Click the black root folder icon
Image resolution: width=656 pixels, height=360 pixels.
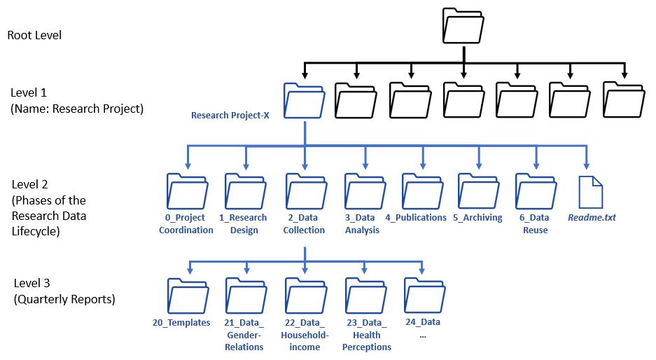tap(463, 25)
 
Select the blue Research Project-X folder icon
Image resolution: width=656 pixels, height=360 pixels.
tap(304, 100)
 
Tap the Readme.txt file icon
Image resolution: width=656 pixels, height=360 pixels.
tap(591, 192)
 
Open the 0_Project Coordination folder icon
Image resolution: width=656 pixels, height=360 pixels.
tap(188, 191)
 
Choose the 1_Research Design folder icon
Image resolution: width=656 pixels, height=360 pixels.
tap(246, 191)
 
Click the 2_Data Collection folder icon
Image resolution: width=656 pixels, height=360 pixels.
tap(306, 191)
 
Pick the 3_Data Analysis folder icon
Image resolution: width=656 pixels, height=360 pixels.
tap(365, 191)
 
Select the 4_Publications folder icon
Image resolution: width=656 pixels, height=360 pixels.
tap(423, 191)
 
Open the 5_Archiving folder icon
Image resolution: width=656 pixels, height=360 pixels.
tap(479, 191)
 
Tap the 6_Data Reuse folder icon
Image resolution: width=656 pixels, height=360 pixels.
tap(536, 191)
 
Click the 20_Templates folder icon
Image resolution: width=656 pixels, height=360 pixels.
tap(188, 296)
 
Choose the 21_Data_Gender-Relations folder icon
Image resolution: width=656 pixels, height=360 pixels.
tap(246, 296)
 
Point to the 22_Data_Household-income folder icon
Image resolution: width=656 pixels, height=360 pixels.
tap(306, 296)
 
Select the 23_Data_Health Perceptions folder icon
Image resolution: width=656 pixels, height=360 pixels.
tap(366, 296)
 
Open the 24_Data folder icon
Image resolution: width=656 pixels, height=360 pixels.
tap(425, 296)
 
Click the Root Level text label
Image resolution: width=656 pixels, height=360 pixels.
tap(34, 35)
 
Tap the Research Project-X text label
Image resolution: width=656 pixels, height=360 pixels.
tap(230, 115)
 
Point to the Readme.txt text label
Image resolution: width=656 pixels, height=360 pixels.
tap(592, 217)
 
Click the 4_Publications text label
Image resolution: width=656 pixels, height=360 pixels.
tap(416, 218)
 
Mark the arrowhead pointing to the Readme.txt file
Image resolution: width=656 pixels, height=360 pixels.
tap(587, 166)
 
